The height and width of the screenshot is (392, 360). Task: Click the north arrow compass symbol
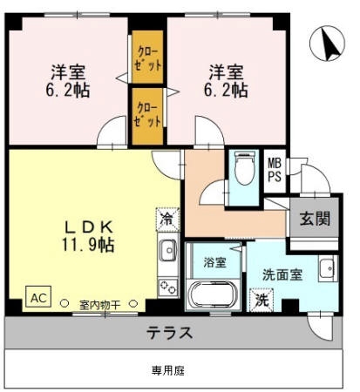click(x=327, y=44)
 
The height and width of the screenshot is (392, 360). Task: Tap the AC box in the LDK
click(x=38, y=296)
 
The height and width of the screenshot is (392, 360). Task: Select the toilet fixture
click(x=245, y=168)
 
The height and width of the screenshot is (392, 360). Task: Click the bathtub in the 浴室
click(x=213, y=294)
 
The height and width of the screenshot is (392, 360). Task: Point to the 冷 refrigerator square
click(x=167, y=220)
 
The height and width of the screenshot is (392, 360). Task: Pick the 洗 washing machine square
click(x=262, y=300)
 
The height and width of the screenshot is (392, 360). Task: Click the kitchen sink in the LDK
click(x=167, y=250)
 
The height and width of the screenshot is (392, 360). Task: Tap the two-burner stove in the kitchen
click(x=168, y=287)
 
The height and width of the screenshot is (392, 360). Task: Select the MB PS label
click(x=275, y=171)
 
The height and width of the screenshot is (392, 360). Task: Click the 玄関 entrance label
click(x=315, y=219)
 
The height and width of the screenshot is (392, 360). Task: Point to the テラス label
click(x=169, y=333)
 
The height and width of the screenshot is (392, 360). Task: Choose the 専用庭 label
click(x=168, y=370)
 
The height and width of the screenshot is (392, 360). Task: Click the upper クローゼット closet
click(x=147, y=57)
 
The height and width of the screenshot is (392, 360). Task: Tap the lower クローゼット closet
click(x=147, y=116)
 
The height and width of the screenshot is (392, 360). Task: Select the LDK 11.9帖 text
click(x=88, y=236)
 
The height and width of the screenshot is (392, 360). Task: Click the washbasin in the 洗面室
click(x=328, y=268)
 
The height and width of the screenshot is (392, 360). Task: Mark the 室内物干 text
click(x=99, y=305)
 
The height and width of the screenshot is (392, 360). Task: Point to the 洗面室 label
click(x=282, y=274)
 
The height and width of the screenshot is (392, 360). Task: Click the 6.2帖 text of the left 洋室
click(x=67, y=90)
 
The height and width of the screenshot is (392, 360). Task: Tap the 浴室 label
click(x=214, y=262)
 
